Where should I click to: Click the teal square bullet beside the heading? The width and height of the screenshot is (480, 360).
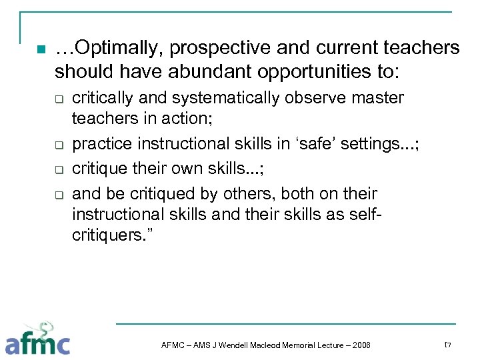pyautogui.click(x=39, y=49)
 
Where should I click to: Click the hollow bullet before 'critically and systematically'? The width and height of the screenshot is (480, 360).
pyautogui.click(x=58, y=101)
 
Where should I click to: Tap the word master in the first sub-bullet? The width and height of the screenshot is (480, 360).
pyautogui.click(x=379, y=98)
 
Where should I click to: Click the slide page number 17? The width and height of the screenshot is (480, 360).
pyautogui.click(x=447, y=344)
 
